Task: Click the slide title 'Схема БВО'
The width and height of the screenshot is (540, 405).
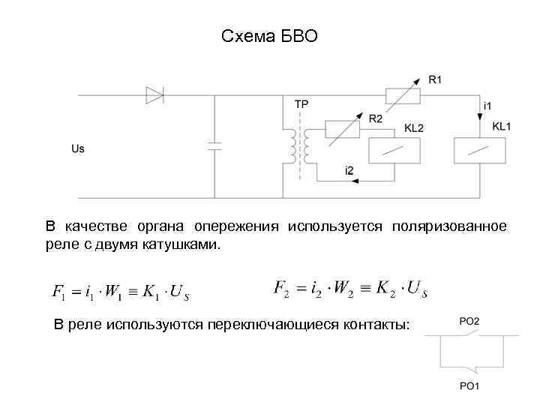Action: tap(270, 36)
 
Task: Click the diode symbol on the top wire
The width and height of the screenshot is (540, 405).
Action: tap(154, 95)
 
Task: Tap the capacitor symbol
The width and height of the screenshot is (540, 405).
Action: tap(215, 145)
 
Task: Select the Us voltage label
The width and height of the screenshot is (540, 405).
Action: tap(78, 148)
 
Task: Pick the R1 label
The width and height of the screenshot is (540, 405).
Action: tap(436, 78)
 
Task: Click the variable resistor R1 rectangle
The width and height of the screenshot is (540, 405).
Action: tap(401, 95)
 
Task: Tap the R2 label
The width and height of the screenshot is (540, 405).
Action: tap(376, 118)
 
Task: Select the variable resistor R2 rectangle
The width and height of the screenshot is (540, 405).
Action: tap(343, 130)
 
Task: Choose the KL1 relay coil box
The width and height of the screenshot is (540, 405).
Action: tap(480, 150)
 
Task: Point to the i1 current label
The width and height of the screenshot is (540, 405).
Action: tap(488, 105)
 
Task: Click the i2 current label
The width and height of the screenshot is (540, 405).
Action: tap(349, 169)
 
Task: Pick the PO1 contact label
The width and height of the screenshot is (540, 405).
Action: tap(469, 386)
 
